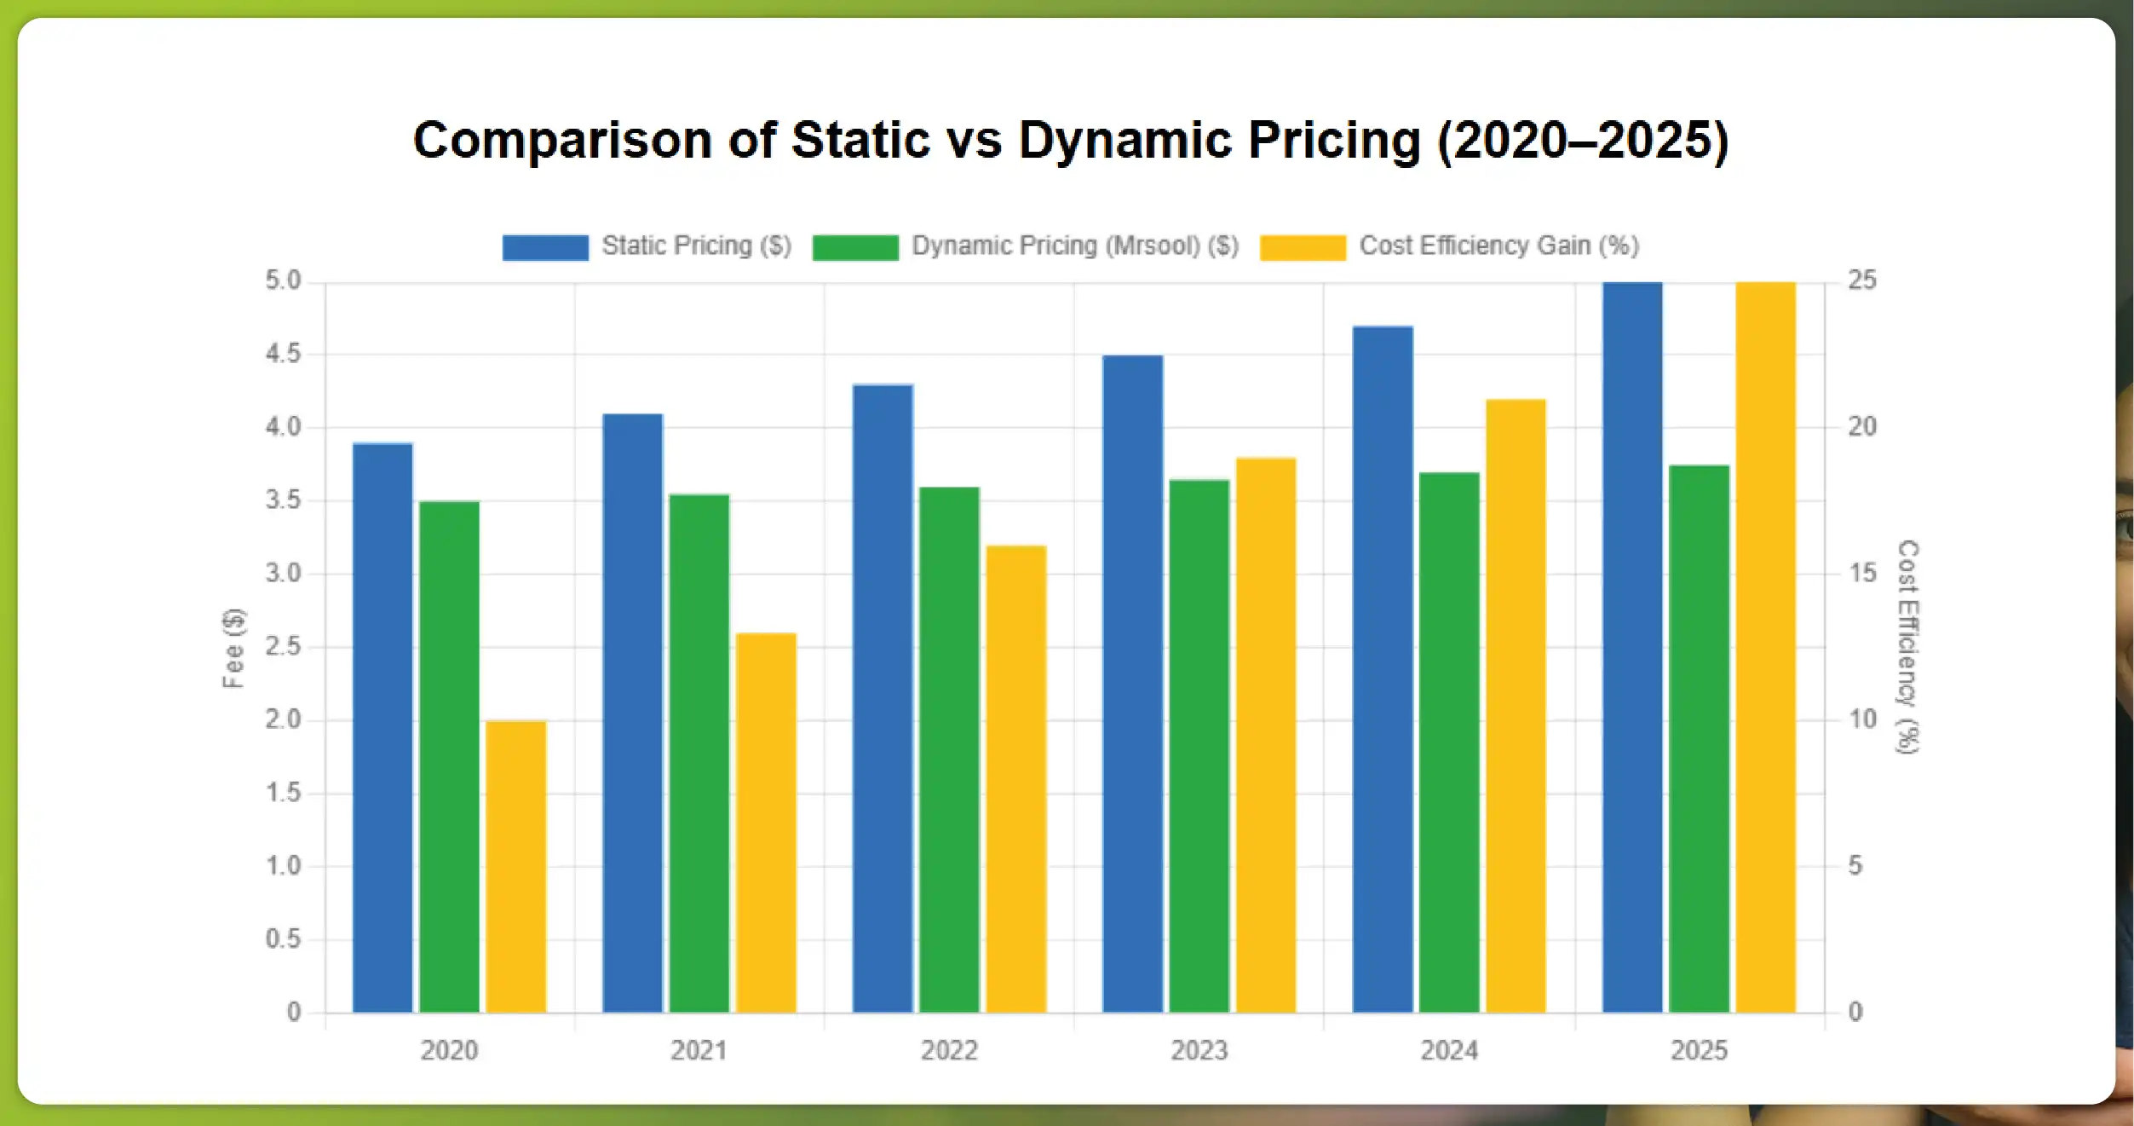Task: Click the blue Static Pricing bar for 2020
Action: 383,729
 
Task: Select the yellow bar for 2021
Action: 766,823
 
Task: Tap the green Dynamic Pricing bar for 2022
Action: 949,750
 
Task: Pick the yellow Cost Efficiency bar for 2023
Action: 1266,735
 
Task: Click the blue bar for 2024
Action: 1382,669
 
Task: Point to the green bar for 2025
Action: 1699,739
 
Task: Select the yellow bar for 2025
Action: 1765,648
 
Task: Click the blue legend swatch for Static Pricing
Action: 545,247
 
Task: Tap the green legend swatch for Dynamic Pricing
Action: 854,247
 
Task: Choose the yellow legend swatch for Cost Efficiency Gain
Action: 1303,247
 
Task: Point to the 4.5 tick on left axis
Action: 283,354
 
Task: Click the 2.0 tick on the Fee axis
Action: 283,719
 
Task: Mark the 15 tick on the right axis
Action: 1862,573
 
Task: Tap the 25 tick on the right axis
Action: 1862,280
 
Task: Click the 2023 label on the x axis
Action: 1199,1050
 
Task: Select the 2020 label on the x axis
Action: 449,1050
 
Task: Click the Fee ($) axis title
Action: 233,648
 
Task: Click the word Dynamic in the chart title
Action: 1125,140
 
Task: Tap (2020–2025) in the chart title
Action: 1583,140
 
